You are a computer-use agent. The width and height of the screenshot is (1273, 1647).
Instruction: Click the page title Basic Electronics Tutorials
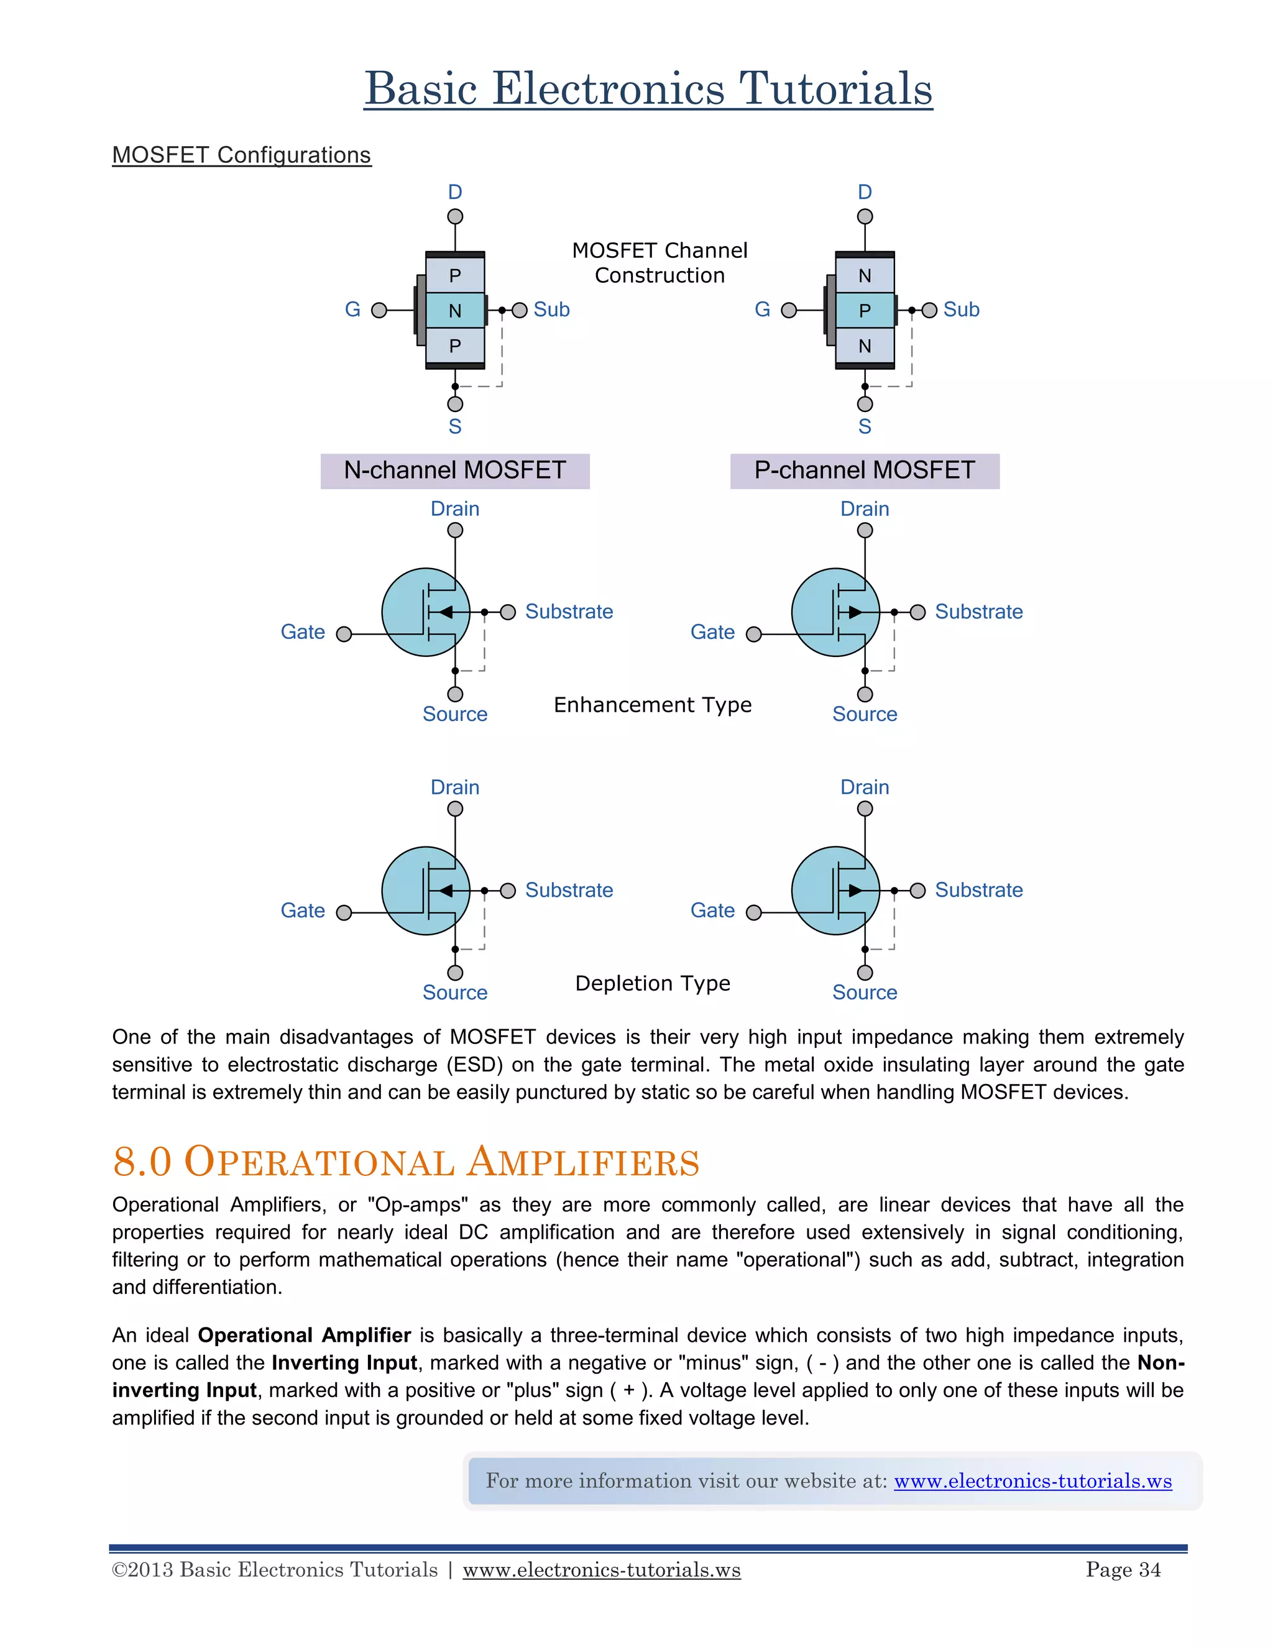click(648, 89)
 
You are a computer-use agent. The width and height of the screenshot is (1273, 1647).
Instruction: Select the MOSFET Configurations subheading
click(241, 155)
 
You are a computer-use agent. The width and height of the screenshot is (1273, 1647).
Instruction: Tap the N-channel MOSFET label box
click(455, 470)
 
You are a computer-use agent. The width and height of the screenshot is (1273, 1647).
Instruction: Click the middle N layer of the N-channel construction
click(455, 311)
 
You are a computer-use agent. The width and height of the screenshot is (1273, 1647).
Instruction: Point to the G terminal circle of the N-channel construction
click(379, 310)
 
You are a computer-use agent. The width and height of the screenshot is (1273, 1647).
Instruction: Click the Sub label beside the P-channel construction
click(961, 310)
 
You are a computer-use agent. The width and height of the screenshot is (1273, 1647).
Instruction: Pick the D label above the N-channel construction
click(455, 192)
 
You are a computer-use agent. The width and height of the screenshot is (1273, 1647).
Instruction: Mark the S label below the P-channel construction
click(865, 427)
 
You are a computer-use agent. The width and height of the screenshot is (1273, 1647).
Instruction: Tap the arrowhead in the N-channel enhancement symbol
click(446, 612)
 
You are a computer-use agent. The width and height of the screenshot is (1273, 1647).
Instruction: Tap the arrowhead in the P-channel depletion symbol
click(855, 891)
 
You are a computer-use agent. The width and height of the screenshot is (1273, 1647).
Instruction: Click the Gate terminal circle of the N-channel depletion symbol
click(344, 913)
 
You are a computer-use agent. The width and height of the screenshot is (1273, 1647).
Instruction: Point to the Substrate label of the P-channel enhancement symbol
click(978, 612)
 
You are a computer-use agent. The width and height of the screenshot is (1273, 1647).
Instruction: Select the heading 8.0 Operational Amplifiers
click(406, 1162)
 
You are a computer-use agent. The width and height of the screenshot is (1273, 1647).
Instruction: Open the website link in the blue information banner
click(1032, 1481)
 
